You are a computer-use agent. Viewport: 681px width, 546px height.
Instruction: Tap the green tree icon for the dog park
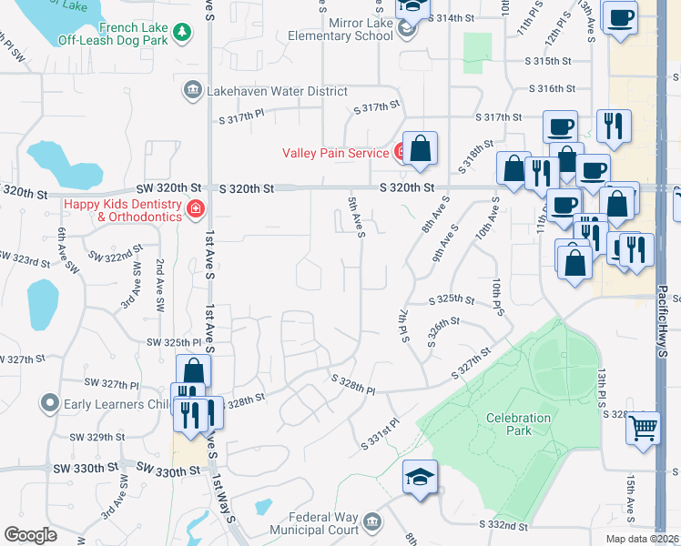tap(183, 32)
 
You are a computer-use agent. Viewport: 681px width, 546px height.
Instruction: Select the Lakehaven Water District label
tap(277, 91)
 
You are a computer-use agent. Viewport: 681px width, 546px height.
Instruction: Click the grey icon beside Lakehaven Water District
tap(192, 91)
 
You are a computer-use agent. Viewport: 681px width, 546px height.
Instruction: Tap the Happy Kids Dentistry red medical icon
tap(194, 210)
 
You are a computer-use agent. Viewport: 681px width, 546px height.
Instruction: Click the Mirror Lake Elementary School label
tap(334, 30)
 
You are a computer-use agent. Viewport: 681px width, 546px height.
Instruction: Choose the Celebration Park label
tap(518, 424)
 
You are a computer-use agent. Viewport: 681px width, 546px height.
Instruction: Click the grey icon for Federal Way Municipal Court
tap(371, 521)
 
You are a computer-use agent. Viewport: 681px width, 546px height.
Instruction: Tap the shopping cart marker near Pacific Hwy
tap(643, 427)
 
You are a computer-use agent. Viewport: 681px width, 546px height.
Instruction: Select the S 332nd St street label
tap(504, 525)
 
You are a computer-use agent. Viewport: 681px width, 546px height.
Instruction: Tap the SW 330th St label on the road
tap(168, 470)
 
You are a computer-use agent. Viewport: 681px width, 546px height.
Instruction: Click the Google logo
tap(31, 535)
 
